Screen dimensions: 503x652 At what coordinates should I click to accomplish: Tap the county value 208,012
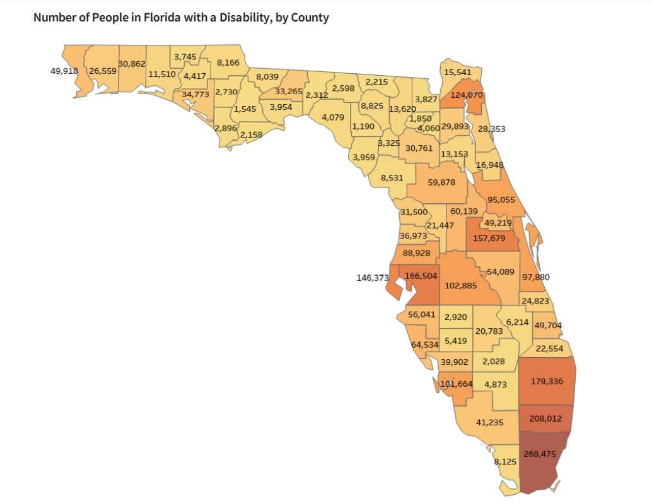click(x=546, y=418)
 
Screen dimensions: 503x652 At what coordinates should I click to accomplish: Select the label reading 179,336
click(x=547, y=381)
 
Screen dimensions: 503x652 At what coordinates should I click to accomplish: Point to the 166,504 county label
click(x=421, y=276)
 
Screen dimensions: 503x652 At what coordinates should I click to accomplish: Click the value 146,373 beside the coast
click(x=373, y=277)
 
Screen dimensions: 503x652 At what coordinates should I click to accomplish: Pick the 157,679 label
click(x=489, y=238)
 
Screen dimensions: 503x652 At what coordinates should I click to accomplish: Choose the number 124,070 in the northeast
click(x=467, y=95)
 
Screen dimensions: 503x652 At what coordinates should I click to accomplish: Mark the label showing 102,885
click(x=461, y=285)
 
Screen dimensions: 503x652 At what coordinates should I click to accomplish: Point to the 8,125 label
click(x=506, y=461)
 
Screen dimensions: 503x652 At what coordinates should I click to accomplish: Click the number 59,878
click(x=441, y=182)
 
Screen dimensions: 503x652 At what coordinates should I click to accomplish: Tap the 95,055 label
click(x=501, y=199)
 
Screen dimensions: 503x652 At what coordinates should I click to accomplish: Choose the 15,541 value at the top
click(x=458, y=72)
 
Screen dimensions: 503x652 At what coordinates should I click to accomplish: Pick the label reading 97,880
click(x=536, y=276)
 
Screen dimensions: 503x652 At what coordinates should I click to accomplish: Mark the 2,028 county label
click(x=493, y=361)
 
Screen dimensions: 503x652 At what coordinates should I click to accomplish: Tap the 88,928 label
click(x=416, y=252)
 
